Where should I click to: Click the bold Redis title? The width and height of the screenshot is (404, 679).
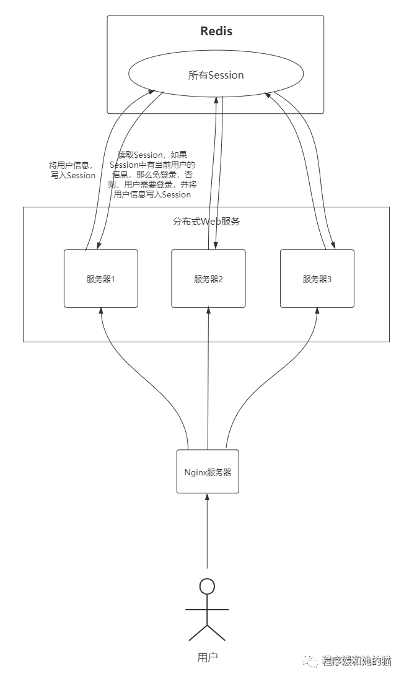point(216,31)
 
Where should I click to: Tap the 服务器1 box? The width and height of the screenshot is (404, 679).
point(101,279)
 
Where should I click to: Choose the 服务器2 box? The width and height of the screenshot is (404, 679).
point(208,279)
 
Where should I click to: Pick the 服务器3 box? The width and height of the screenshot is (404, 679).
point(317,279)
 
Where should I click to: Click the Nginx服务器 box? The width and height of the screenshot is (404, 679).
point(208,472)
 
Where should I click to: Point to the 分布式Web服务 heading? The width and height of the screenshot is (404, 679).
point(206,221)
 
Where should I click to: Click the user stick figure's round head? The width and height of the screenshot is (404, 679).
point(207,586)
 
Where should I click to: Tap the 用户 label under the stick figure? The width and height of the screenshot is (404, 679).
point(207,657)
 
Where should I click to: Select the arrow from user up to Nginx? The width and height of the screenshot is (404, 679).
point(208,532)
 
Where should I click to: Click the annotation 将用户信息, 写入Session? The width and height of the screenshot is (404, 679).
point(72,170)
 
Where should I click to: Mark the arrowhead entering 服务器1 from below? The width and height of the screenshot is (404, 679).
point(101,311)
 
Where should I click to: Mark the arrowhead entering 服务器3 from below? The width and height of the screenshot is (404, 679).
point(317,311)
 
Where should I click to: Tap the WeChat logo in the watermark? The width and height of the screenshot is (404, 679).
point(310,660)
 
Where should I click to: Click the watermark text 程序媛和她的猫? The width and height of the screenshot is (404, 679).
point(356,661)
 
